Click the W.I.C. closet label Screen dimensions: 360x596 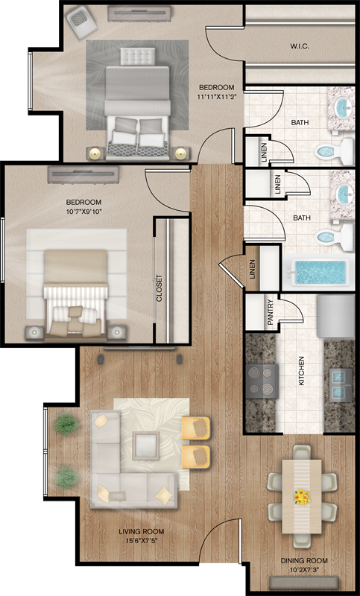click(x=300, y=46)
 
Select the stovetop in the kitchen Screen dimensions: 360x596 click(x=262, y=381)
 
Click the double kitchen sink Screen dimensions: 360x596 click(x=340, y=384)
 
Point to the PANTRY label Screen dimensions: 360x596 click(x=271, y=312)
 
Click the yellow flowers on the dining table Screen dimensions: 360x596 click(x=302, y=496)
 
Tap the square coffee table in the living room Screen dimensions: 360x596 click(x=145, y=446)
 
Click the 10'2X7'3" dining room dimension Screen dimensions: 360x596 click(x=304, y=571)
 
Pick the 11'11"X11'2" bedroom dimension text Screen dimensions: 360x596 click(x=217, y=96)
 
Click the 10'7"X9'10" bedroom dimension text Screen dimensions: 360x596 click(x=83, y=212)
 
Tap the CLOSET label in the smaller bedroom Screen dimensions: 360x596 click(x=160, y=288)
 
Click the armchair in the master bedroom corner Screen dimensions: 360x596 click(x=81, y=22)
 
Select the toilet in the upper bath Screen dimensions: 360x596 click(x=334, y=152)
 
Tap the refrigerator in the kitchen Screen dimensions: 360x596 click(x=335, y=316)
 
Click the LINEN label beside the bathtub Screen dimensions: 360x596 click(x=253, y=269)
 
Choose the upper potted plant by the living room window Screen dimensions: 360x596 click(x=66, y=423)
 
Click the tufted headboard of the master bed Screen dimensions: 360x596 click(x=138, y=57)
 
